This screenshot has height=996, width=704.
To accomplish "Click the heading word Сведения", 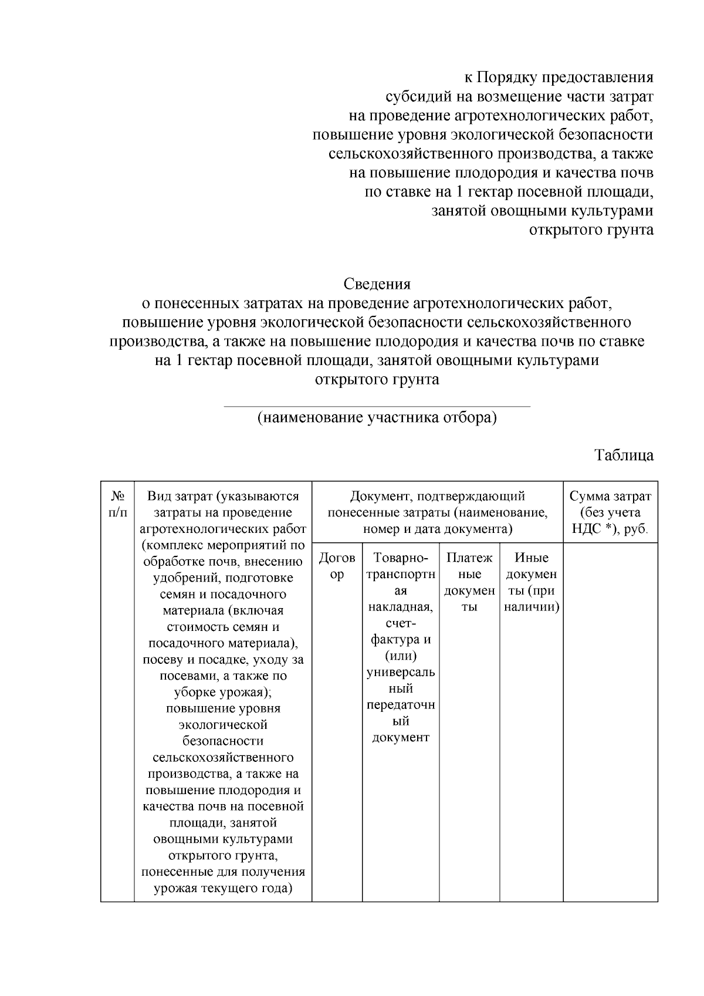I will (x=377, y=284).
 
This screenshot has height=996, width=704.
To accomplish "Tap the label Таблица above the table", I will (x=624, y=455).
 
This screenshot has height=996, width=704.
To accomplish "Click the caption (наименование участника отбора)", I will (x=377, y=418).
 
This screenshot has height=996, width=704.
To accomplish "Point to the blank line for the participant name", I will (x=377, y=405).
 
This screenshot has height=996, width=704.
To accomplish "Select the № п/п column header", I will (x=117, y=504).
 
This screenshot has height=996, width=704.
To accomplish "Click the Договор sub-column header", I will (x=337, y=566).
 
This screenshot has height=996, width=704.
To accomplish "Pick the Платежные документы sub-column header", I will (x=469, y=582).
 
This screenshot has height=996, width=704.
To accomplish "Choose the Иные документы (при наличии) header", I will (x=531, y=582).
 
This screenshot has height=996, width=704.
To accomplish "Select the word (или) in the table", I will (x=400, y=656).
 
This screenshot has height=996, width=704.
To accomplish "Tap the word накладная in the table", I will (x=400, y=606).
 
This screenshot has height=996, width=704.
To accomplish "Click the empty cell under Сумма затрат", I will (x=610, y=722).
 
